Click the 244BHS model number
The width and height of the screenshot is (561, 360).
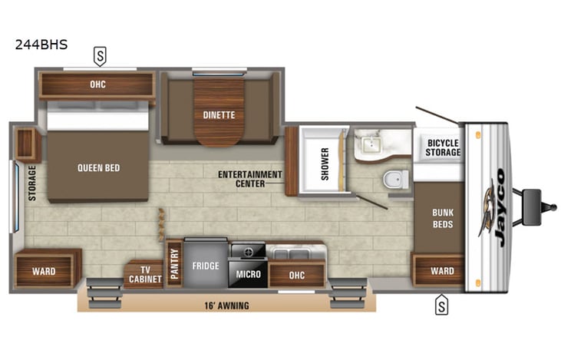(41, 45)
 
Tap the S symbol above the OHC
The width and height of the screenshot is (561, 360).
(100, 55)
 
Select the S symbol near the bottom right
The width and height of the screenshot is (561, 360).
(441, 305)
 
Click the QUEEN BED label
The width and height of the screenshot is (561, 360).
(98, 167)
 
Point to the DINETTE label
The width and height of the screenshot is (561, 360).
(219, 115)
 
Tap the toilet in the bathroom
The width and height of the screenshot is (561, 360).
(394, 179)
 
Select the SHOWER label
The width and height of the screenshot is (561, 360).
(325, 163)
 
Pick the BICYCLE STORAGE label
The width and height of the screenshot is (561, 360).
(444, 147)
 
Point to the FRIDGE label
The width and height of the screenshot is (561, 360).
(206, 266)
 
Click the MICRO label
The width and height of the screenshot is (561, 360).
(248, 274)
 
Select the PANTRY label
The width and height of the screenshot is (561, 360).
(174, 263)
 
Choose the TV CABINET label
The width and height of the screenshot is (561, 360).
(145, 274)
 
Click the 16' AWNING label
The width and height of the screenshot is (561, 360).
(227, 305)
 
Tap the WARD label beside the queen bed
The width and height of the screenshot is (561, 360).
(44, 271)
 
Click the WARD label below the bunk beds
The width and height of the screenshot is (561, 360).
(442, 271)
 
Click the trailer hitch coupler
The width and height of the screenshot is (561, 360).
(549, 206)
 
